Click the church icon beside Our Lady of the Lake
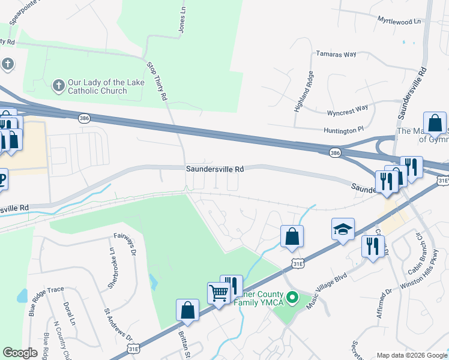(58, 85)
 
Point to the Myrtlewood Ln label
(399, 21)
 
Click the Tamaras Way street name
(336, 54)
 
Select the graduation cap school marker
(343, 229)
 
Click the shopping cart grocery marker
(219, 293)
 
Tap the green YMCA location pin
(292, 297)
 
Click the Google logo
(20, 353)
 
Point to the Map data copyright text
(412, 355)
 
